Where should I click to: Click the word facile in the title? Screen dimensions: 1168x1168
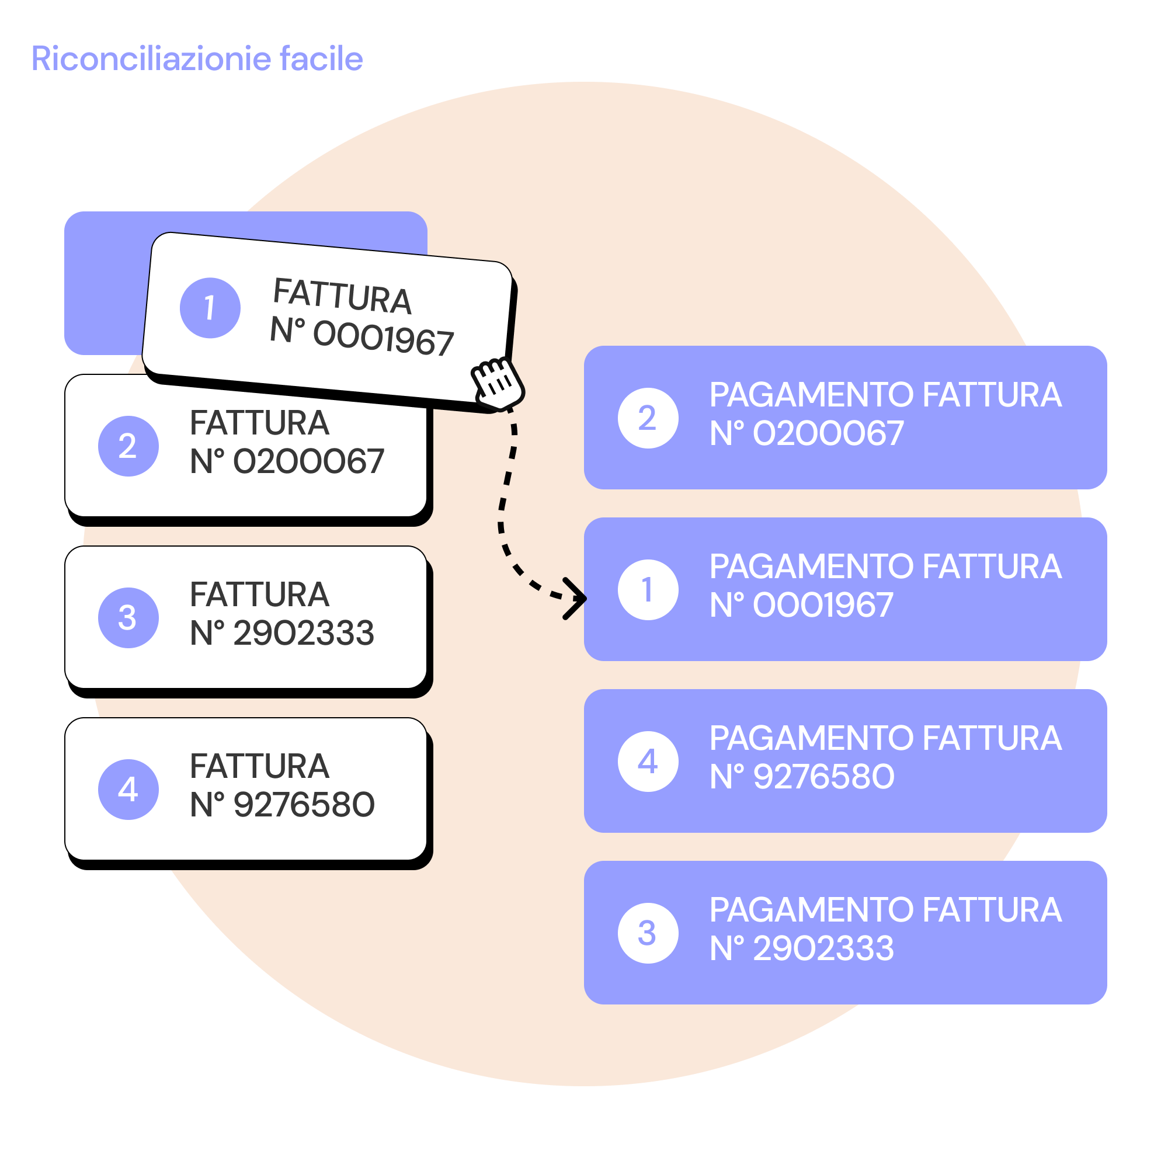pos(321,58)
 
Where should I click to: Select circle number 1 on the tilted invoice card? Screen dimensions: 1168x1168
pos(210,308)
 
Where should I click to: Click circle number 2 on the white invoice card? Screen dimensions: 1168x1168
pos(128,446)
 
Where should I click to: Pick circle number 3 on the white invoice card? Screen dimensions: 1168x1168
pos(128,618)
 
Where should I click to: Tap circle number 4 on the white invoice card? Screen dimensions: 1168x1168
pos(128,790)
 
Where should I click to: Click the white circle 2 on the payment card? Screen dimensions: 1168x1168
pos(648,418)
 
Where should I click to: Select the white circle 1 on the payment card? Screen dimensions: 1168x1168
pos(648,590)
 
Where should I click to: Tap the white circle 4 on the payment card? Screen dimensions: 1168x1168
pos(648,762)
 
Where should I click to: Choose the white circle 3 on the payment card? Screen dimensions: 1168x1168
pos(648,933)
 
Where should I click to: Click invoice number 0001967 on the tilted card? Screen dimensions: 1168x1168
pos(383,338)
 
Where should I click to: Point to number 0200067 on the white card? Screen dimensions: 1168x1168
pos(308,462)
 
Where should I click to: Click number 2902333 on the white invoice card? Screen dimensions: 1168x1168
pos(304,634)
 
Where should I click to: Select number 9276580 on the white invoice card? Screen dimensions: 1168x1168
pos(304,805)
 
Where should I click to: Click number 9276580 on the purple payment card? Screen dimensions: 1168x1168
pos(823,777)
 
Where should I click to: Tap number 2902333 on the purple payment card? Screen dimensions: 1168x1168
pos(823,948)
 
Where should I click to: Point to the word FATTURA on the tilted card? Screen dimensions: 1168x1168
pos(342,296)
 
